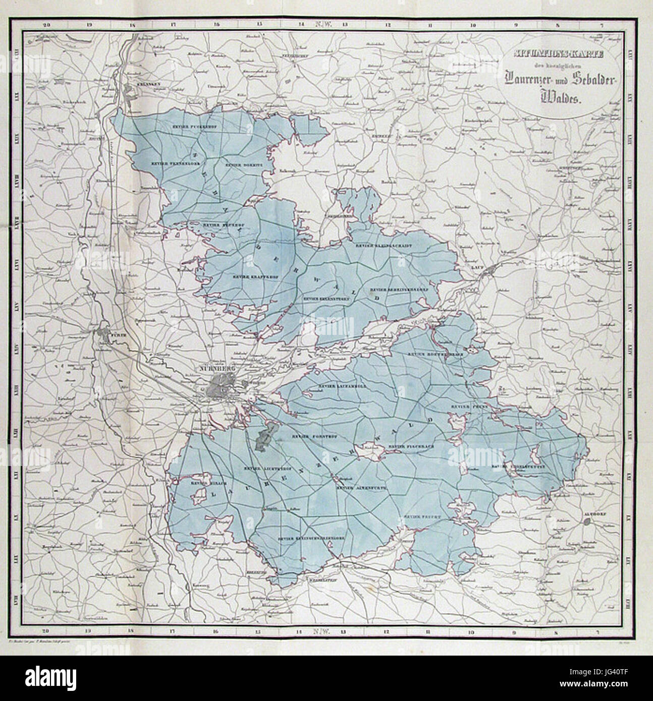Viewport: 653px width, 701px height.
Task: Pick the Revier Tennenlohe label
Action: tap(165, 163)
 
